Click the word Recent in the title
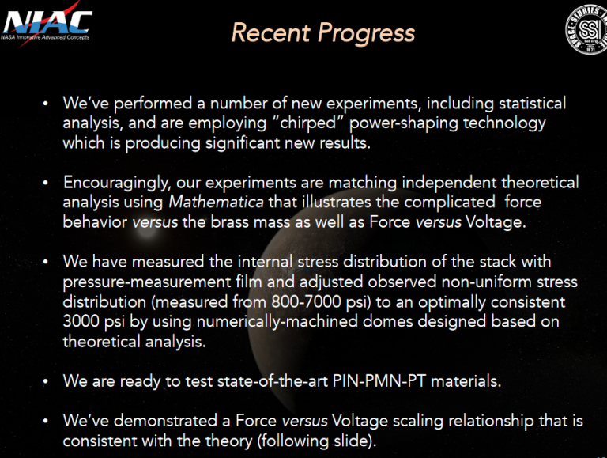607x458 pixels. [x=270, y=32]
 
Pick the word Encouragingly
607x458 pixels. [x=114, y=183]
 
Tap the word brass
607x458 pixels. [x=207, y=222]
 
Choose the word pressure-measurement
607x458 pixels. [x=132, y=282]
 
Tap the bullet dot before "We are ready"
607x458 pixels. [x=47, y=381]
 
